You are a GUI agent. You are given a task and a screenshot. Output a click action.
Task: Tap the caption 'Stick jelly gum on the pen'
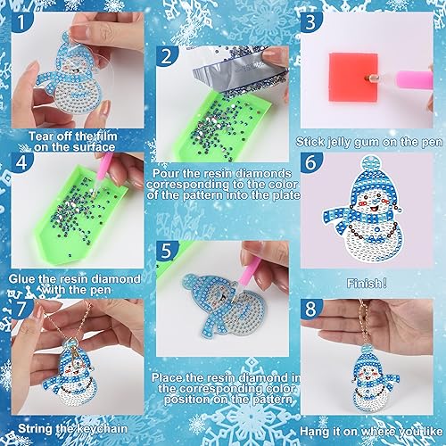click(x=368, y=140)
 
